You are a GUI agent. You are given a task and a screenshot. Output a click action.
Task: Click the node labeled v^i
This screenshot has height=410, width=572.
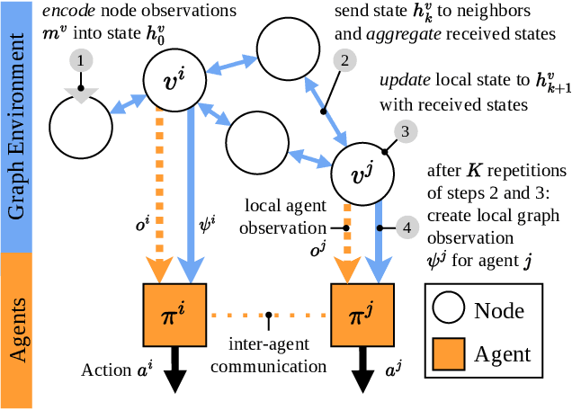click(x=174, y=80)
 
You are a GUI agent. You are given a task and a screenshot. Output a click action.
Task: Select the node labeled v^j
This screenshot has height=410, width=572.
click(x=362, y=174)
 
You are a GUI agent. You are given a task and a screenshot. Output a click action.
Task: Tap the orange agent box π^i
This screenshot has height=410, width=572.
click(x=174, y=315)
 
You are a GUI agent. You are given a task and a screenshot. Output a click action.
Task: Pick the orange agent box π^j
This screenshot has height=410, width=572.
click(x=362, y=315)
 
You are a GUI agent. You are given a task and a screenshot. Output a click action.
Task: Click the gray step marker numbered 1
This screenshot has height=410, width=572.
click(x=81, y=60)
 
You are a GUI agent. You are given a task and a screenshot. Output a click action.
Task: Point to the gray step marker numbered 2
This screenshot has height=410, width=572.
click(x=344, y=60)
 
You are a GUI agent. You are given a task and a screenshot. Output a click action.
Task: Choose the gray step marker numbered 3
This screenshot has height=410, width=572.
click(x=406, y=131)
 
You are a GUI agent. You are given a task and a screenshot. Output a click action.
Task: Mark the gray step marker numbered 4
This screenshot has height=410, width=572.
click(x=407, y=228)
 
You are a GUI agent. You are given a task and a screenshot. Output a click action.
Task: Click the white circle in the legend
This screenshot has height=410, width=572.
click(x=448, y=307)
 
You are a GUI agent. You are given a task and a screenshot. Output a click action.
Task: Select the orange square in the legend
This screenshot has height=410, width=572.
click(x=448, y=354)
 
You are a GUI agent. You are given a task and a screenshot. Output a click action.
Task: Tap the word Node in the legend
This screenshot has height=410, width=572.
click(x=499, y=311)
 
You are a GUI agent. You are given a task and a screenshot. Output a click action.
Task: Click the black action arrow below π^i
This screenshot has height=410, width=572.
click(x=175, y=370)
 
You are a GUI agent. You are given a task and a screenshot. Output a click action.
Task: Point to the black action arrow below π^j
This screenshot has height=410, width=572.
click(x=362, y=370)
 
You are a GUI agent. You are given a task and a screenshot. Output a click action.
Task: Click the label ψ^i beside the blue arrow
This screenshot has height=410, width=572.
click(x=208, y=224)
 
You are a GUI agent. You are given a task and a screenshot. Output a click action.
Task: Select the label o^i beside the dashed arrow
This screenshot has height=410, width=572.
click(x=143, y=223)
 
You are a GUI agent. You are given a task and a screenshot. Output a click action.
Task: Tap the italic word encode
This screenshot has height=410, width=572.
click(x=69, y=11)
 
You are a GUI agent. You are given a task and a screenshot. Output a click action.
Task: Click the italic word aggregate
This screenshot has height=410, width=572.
click(x=404, y=35)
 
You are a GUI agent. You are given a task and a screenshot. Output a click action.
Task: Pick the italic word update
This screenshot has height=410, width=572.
click(x=405, y=81)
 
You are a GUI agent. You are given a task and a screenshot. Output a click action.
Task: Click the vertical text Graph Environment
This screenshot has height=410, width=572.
click(x=16, y=127)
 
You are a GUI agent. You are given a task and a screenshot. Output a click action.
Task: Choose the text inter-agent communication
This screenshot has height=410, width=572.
click(x=269, y=355)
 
